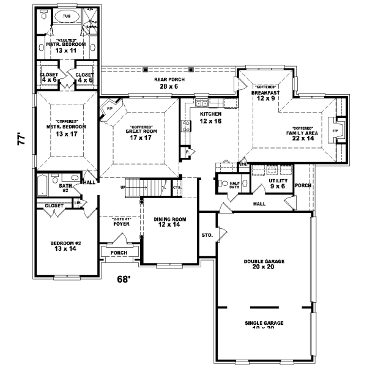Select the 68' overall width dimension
(x=124, y=280)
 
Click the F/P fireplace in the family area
(x=335, y=131)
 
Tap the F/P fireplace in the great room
(x=111, y=109)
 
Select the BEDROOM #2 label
(x=65, y=246)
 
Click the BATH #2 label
(x=64, y=188)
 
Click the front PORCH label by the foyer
(x=118, y=253)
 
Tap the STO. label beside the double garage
(x=207, y=234)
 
